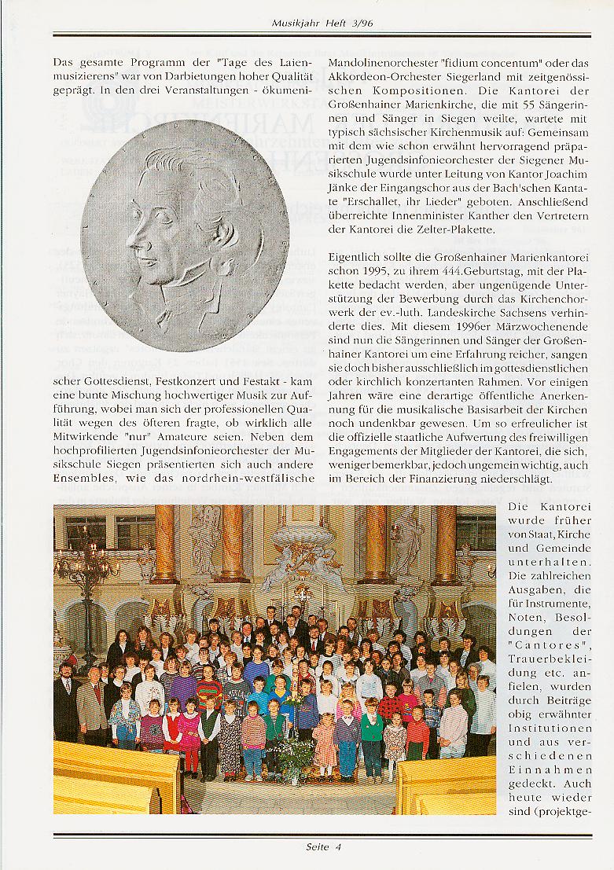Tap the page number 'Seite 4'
323,846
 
